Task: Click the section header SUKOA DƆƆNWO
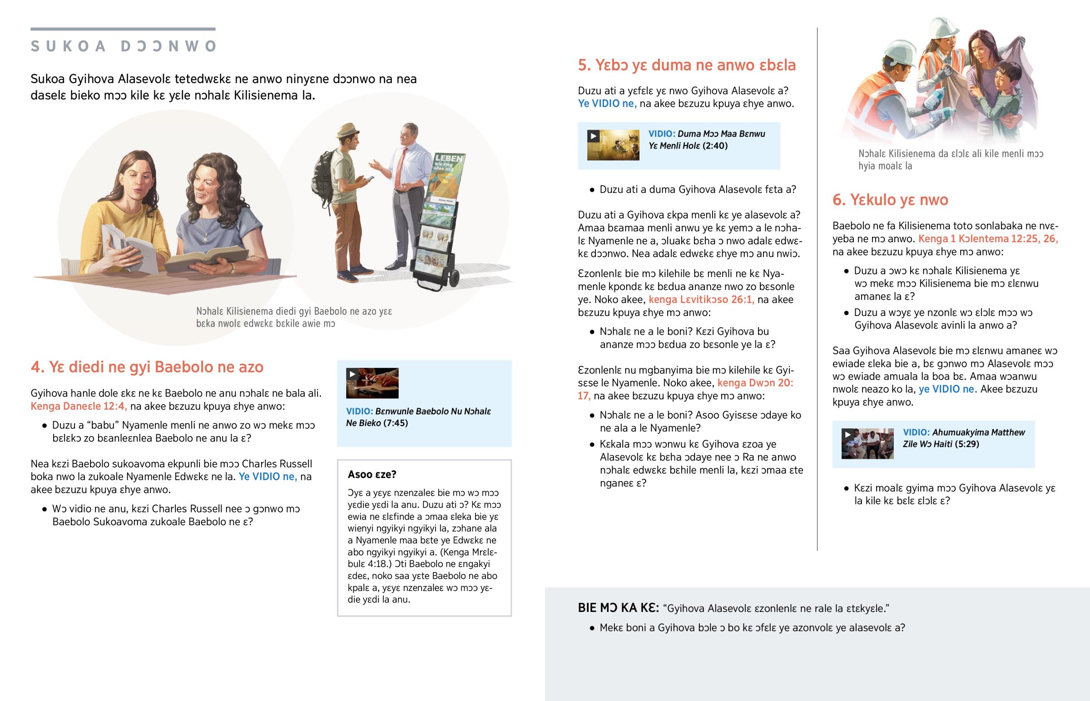(123, 46)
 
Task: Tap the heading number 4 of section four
(36, 367)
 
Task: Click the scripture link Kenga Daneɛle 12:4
(79, 406)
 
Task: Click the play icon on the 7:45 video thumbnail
(352, 374)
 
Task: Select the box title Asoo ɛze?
(372, 474)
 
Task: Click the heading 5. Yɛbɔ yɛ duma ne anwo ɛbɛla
(687, 65)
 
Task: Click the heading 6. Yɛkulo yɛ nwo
(890, 200)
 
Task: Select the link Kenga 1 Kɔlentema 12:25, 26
(988, 239)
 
